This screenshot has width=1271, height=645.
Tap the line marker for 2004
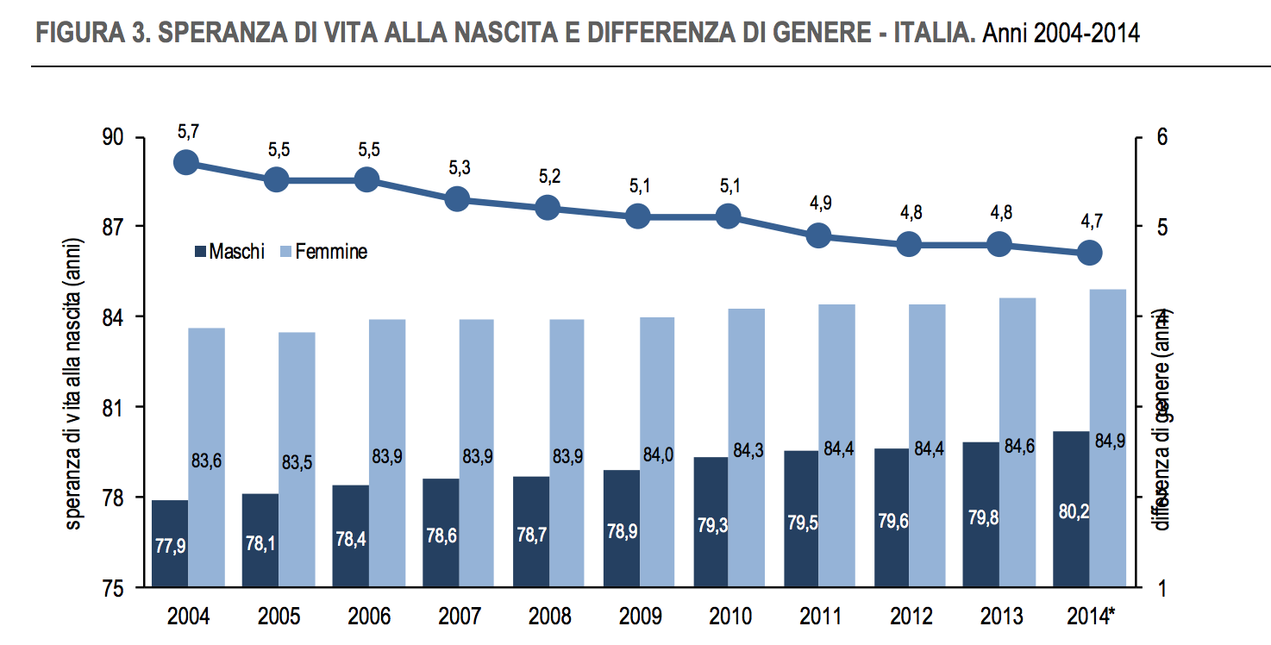point(186,162)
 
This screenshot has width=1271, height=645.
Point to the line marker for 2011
point(818,235)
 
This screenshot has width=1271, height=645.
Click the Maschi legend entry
point(229,252)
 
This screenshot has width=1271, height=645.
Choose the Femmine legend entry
point(324,252)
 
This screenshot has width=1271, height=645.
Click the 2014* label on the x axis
point(1089,617)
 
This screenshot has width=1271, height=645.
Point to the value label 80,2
point(1074,511)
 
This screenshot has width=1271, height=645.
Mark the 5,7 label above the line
point(187,132)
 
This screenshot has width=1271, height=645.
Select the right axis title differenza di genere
point(1164,421)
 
